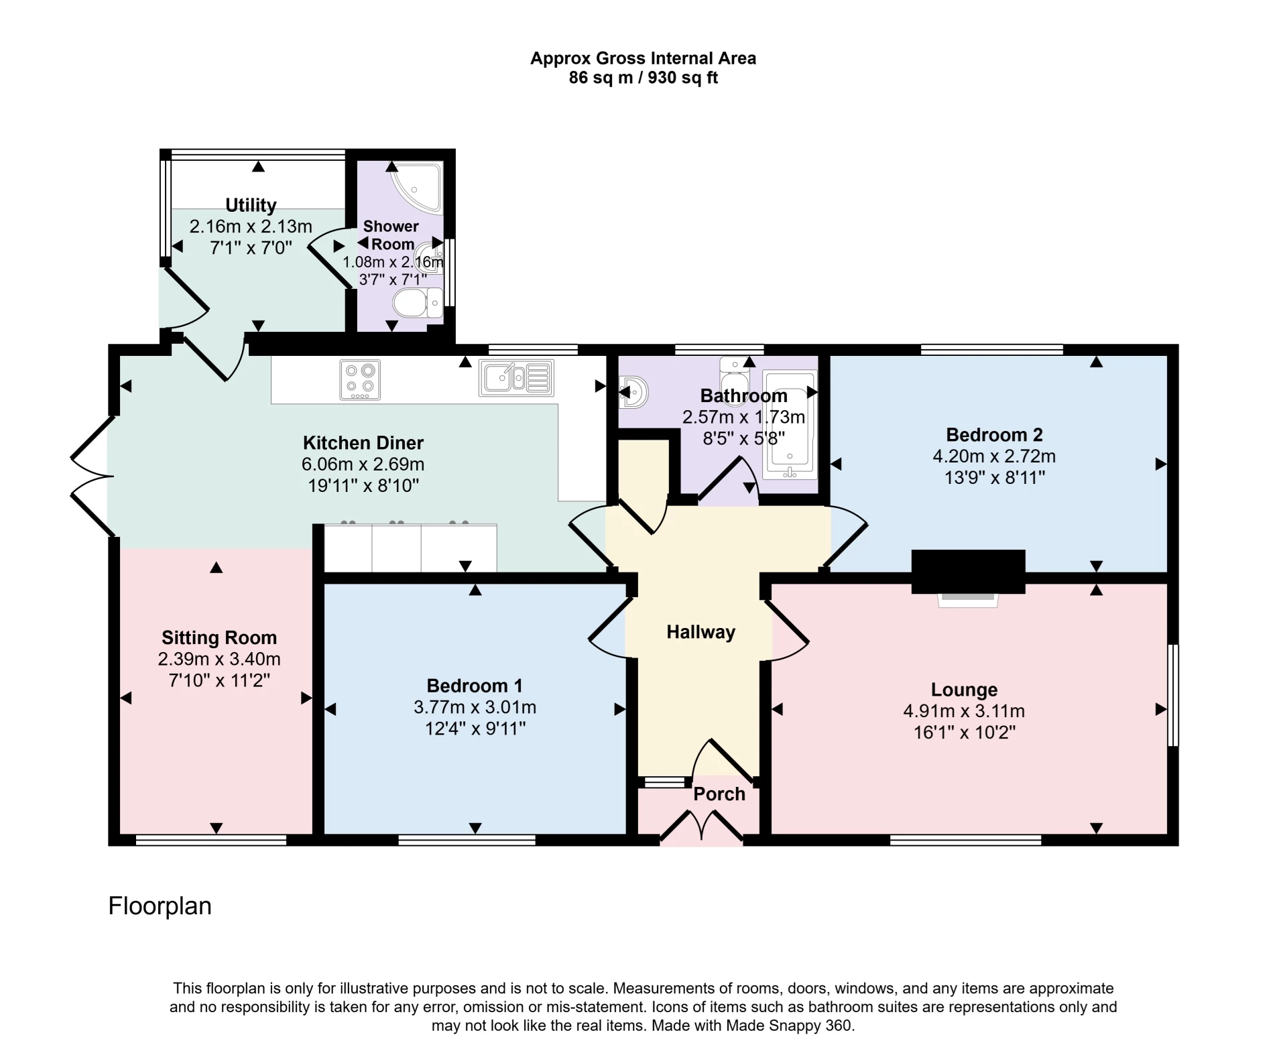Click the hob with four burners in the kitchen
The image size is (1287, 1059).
click(360, 380)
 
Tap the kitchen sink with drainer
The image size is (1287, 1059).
click(516, 377)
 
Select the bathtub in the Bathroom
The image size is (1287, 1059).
click(790, 426)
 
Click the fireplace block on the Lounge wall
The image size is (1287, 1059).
click(968, 570)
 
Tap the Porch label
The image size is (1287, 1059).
click(719, 794)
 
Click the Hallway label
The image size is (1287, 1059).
click(700, 632)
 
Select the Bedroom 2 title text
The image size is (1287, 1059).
click(994, 435)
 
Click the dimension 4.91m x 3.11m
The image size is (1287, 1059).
click(964, 711)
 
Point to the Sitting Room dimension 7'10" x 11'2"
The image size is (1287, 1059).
click(219, 680)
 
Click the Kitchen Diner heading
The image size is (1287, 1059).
click(363, 443)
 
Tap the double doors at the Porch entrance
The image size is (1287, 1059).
click(701, 826)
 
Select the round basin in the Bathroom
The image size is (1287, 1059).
click(633, 392)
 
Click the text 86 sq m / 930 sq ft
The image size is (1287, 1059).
click(643, 78)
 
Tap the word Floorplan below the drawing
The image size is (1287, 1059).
click(160, 906)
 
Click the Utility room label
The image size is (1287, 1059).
click(251, 205)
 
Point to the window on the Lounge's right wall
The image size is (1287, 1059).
click(1173, 695)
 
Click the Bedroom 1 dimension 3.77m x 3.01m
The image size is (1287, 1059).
click(475, 707)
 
